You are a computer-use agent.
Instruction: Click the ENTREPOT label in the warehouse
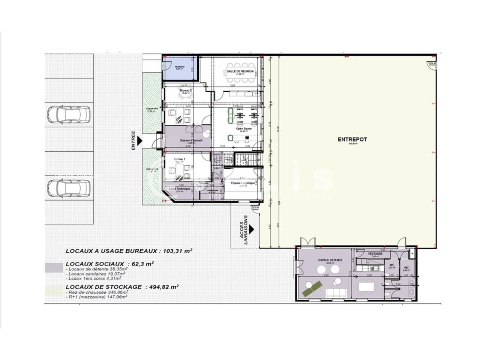coord(352,139)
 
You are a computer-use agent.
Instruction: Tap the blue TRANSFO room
coord(180,68)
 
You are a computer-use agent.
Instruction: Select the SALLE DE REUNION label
coord(240,71)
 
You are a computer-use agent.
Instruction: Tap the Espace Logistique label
coord(243,183)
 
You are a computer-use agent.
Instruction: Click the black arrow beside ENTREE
coord(139,141)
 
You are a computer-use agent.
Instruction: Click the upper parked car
coord(69,114)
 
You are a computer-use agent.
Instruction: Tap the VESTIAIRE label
coord(375,254)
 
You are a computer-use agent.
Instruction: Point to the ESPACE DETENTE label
coord(330,260)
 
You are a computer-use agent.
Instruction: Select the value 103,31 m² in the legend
coord(176,250)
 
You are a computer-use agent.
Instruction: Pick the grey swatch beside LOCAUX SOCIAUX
coord(54,268)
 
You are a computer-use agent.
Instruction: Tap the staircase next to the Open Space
coord(246,159)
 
